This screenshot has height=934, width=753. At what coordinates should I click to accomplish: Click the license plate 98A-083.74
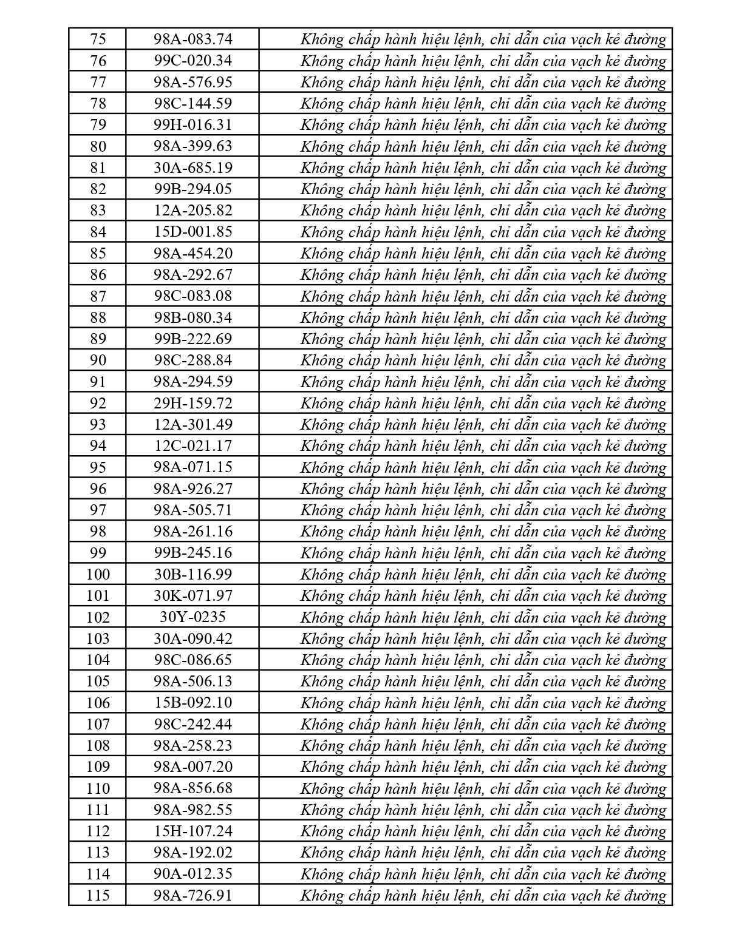(x=193, y=39)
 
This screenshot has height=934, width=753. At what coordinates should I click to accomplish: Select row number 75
(x=97, y=39)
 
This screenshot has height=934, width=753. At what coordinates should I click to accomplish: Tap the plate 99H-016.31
(x=193, y=125)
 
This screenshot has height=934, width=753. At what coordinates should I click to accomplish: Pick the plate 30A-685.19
(x=193, y=168)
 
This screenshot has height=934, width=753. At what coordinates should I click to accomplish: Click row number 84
(x=97, y=232)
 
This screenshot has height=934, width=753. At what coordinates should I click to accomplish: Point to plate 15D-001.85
(x=193, y=232)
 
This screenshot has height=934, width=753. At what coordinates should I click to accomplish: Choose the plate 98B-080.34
(x=193, y=317)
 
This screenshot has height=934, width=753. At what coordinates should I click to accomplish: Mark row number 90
(x=97, y=360)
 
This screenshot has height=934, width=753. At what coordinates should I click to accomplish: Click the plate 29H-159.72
(x=193, y=403)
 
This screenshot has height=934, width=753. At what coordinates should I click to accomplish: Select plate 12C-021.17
(x=193, y=445)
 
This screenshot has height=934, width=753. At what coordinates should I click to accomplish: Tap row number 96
(x=97, y=489)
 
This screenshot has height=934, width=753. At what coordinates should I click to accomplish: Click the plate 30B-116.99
(x=193, y=574)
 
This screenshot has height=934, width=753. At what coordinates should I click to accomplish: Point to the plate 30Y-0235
(x=193, y=617)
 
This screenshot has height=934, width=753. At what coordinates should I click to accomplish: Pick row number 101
(x=97, y=595)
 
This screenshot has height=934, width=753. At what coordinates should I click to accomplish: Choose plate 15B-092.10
(x=193, y=703)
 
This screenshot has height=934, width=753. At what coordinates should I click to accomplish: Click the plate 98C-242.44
(x=193, y=724)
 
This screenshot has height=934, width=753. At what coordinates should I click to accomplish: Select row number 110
(x=97, y=788)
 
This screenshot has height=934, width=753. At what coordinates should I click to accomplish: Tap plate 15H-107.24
(x=193, y=831)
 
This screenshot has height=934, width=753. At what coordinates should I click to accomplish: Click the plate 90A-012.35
(x=193, y=874)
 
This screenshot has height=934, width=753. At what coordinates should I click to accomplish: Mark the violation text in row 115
(x=483, y=895)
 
